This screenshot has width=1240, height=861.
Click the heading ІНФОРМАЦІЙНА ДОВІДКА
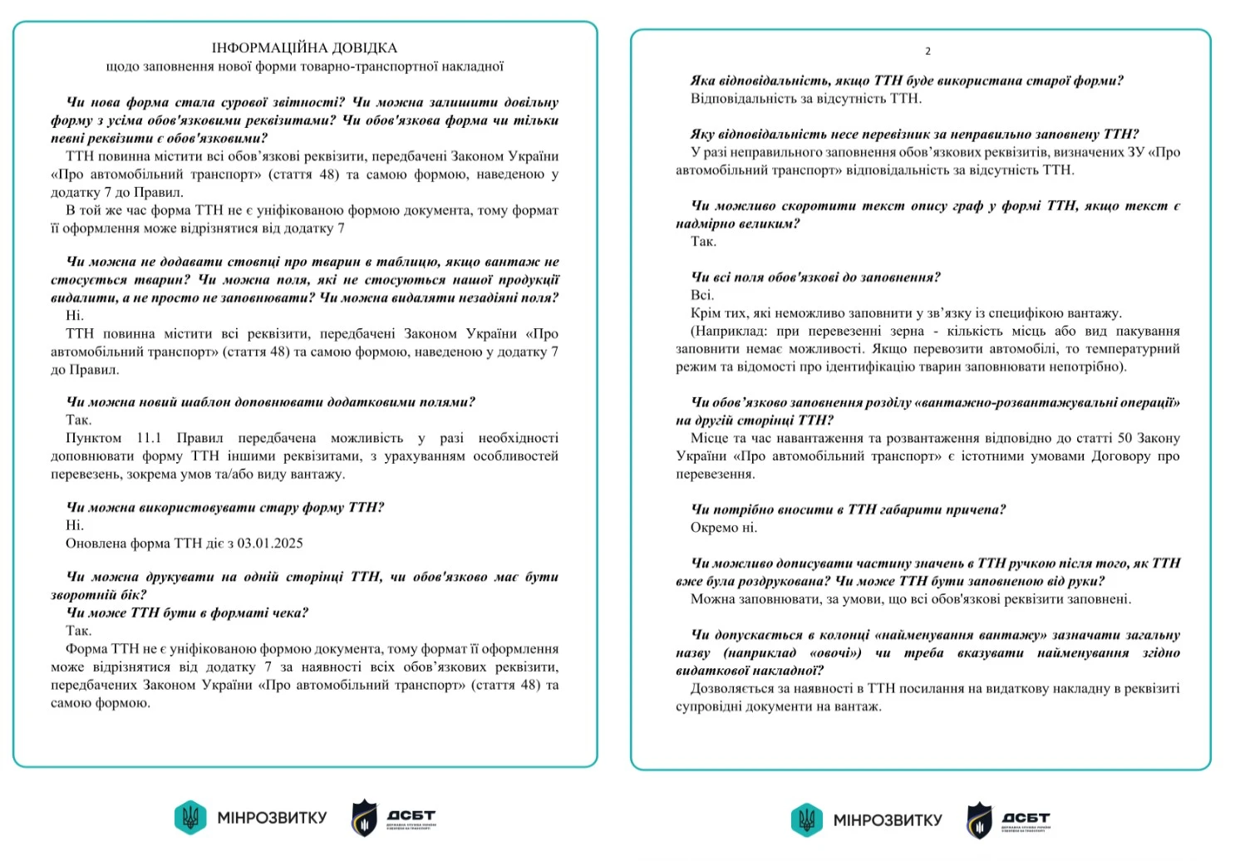click(304, 48)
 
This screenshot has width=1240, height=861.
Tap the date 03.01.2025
click(270, 544)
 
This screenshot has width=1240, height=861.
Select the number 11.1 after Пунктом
click(149, 438)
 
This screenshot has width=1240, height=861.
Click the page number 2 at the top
click(928, 52)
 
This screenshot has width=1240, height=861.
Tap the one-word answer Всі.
click(701, 295)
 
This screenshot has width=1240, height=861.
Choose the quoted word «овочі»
click(835, 652)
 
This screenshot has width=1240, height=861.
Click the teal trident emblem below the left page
click(189, 818)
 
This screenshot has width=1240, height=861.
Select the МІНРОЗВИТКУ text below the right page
click(888, 820)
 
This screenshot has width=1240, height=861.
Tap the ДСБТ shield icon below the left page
click(364, 818)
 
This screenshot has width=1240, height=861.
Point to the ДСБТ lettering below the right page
click(1026, 818)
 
